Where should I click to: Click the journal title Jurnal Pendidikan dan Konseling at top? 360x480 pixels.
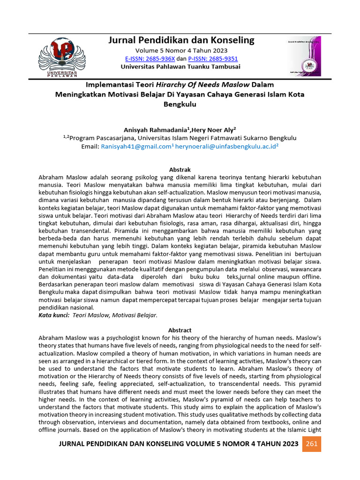click(x=181, y=40)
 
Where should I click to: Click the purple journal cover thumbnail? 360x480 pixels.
click(x=301, y=57)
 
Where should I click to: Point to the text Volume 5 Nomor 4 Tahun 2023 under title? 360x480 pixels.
click(x=181, y=51)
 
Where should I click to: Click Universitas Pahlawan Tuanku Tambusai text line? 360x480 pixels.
click(x=180, y=67)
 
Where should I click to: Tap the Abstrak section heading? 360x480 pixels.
click(x=180, y=169)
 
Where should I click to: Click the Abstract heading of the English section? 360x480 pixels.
click(x=180, y=330)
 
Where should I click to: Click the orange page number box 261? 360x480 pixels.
click(x=312, y=444)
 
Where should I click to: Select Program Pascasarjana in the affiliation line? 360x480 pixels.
click(x=98, y=138)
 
